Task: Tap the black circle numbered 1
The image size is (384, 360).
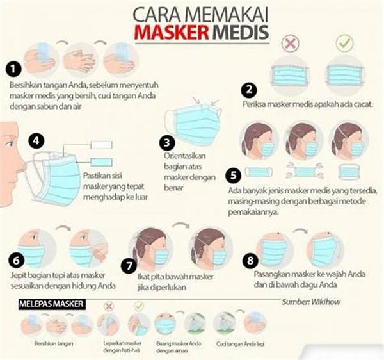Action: point(13,67)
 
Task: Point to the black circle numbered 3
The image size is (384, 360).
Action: point(168,141)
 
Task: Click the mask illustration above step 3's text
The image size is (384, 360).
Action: point(192,124)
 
